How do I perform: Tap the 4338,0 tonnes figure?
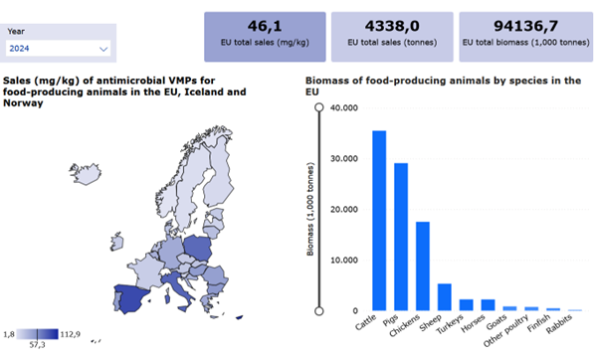pyautogui.click(x=391, y=26)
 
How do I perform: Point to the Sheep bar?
pyautogui.click(x=445, y=296)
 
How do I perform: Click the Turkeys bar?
pyautogui.click(x=467, y=304)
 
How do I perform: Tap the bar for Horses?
pyautogui.click(x=488, y=304)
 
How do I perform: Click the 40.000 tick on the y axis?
pyautogui.click(x=344, y=107)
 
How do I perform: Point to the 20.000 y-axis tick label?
pyautogui.click(x=344, y=210)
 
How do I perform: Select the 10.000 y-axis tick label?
pyautogui.click(x=344, y=261)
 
